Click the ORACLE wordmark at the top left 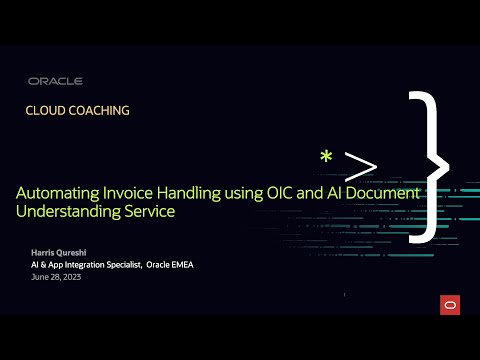point(55,81)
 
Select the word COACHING point(100,111)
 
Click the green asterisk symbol point(326,158)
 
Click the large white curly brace point(425,165)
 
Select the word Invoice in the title point(140,193)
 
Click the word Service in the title point(149,212)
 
